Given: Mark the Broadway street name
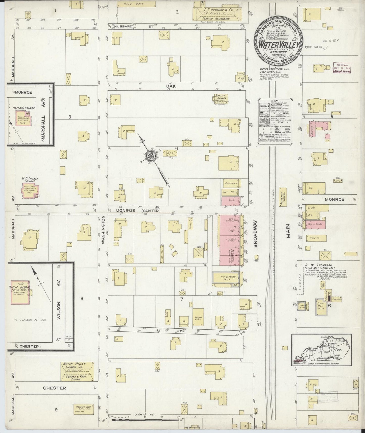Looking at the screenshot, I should [255, 233].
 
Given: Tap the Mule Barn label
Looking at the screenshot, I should [130, 4].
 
